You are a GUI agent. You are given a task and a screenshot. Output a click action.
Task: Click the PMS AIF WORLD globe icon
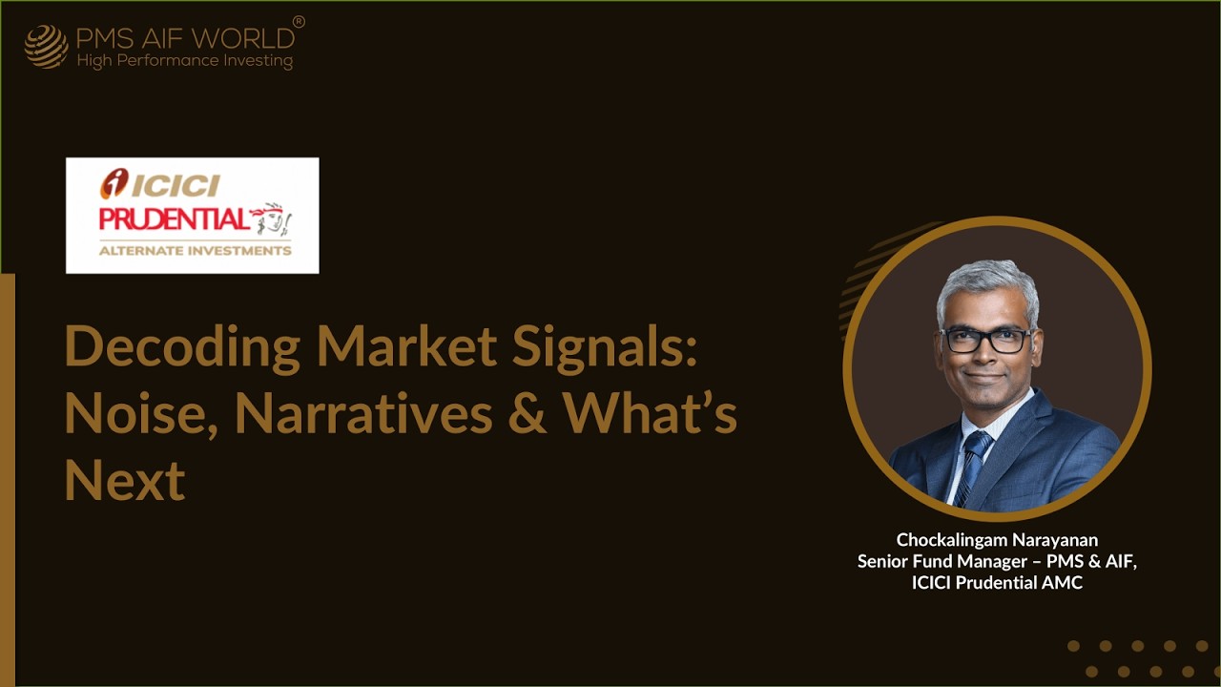pos(46,47)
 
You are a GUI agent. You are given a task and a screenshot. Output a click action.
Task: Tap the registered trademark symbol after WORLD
pos(299,21)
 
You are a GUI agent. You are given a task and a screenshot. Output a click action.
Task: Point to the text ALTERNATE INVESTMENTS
pos(196,251)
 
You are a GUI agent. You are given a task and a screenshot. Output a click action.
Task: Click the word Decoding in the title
pos(182,347)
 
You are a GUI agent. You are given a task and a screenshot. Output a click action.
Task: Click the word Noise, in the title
pos(140,413)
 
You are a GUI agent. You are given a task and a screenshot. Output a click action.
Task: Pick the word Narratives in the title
pos(363,413)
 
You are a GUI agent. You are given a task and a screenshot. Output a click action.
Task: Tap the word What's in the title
pos(650,413)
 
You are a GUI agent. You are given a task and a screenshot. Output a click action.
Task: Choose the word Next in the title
pos(124,480)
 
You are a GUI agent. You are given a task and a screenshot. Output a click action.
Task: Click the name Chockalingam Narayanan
pos(997,540)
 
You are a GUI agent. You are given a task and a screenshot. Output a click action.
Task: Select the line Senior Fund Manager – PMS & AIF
pos(997,561)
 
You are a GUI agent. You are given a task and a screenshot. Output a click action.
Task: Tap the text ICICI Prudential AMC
pos(997,582)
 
